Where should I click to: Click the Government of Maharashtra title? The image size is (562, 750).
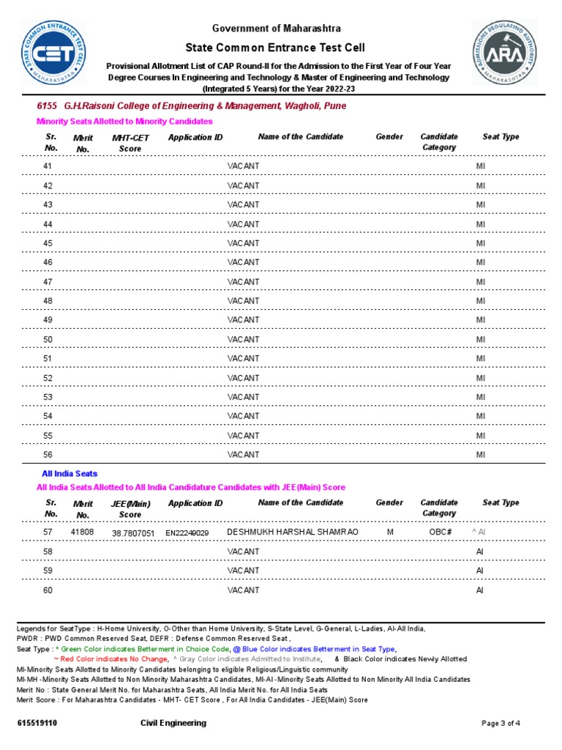[276, 29]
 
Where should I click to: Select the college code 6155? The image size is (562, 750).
[47, 106]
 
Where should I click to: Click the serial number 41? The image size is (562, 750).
[48, 166]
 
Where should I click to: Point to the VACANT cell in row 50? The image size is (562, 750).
[243, 339]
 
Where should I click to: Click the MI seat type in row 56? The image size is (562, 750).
[481, 455]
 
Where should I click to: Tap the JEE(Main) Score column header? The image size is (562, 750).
[130, 509]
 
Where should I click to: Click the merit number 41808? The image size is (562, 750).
[82, 532]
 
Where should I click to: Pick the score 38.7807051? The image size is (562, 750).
[133, 533]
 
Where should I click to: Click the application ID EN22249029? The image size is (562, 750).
[187, 533]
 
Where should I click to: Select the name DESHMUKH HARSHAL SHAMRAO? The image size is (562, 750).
[293, 532]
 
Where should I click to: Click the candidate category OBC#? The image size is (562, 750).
[440, 532]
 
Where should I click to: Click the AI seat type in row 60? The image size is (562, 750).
[480, 590]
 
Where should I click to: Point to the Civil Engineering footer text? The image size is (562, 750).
[173, 723]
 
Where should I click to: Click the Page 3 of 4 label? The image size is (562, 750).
[501, 724]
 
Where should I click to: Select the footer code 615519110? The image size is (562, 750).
[37, 724]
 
